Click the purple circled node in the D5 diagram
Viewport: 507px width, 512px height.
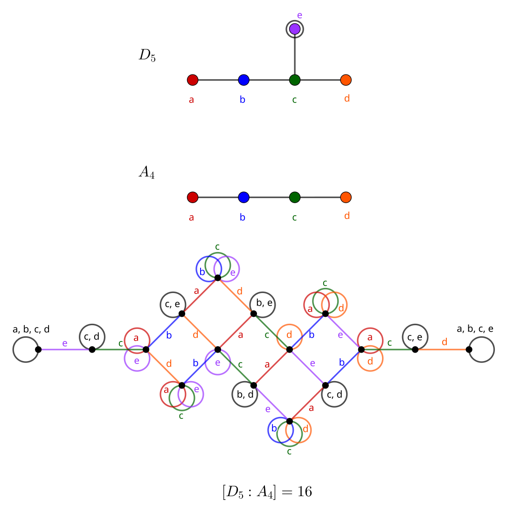(x=294, y=29)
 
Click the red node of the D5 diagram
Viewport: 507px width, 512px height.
(x=193, y=80)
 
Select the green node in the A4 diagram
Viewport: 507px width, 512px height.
(x=294, y=198)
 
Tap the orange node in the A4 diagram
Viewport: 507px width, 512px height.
(x=346, y=198)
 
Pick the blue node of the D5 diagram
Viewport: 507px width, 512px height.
(x=243, y=80)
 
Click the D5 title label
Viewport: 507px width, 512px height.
(x=147, y=55)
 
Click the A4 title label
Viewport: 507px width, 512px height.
(x=146, y=172)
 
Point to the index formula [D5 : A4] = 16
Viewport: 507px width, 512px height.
(x=267, y=492)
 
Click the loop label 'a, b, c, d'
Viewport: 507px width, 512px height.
(x=31, y=329)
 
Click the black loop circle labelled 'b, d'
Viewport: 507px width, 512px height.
(x=244, y=395)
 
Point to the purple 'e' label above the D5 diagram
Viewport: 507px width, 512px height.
(x=299, y=15)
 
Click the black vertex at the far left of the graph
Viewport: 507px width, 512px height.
(x=38, y=349)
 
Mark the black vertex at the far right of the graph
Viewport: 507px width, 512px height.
(x=469, y=349)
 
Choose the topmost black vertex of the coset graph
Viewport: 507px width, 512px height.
(x=217, y=278)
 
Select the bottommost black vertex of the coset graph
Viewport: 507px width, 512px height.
(x=289, y=421)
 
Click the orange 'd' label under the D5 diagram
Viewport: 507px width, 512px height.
(x=347, y=99)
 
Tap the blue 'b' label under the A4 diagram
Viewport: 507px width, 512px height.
(x=243, y=217)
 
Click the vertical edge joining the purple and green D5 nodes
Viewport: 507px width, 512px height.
(x=294, y=55)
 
